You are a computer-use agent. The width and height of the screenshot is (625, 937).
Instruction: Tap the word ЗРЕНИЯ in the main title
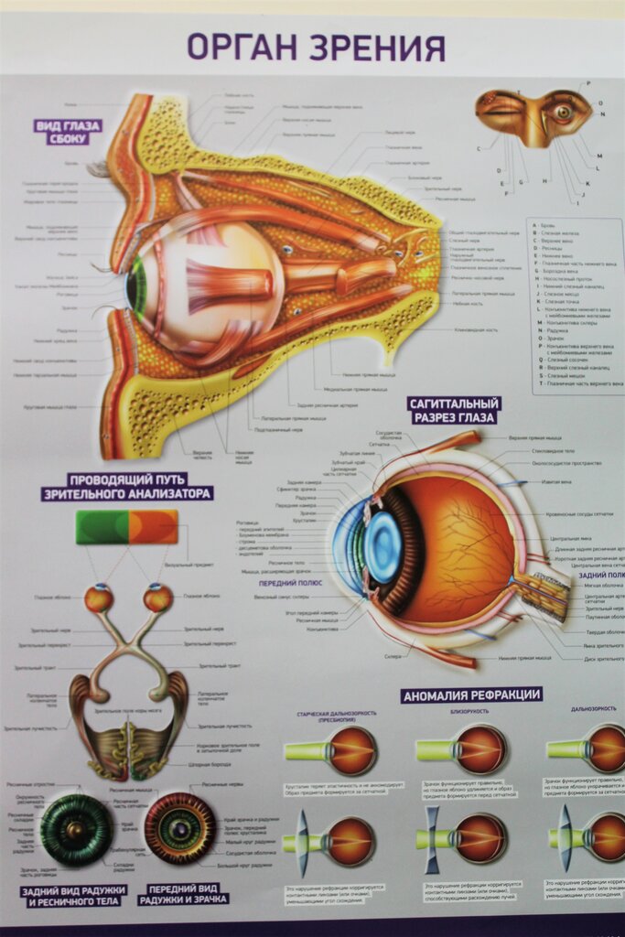point(376,47)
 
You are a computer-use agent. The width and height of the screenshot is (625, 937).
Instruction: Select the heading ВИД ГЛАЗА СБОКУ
point(68,132)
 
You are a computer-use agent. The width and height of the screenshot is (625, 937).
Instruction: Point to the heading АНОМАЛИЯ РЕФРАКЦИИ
point(471,695)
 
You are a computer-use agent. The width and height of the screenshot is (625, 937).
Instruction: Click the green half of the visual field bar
point(102,527)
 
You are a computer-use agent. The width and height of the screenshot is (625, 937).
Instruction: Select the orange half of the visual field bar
point(154,527)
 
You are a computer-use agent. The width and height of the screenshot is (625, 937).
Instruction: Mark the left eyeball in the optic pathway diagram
point(99,599)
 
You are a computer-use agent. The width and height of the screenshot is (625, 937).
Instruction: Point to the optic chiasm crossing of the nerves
point(131,648)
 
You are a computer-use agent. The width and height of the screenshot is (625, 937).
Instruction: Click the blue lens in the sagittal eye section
point(382,547)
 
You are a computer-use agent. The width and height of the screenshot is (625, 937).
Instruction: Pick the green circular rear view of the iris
point(75,829)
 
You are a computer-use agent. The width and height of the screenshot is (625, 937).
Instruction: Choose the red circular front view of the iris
point(180,829)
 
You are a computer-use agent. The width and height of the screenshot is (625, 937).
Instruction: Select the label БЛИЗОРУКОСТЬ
point(469,711)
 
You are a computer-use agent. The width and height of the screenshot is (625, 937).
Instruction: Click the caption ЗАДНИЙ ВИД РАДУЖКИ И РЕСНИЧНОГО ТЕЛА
point(72,895)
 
